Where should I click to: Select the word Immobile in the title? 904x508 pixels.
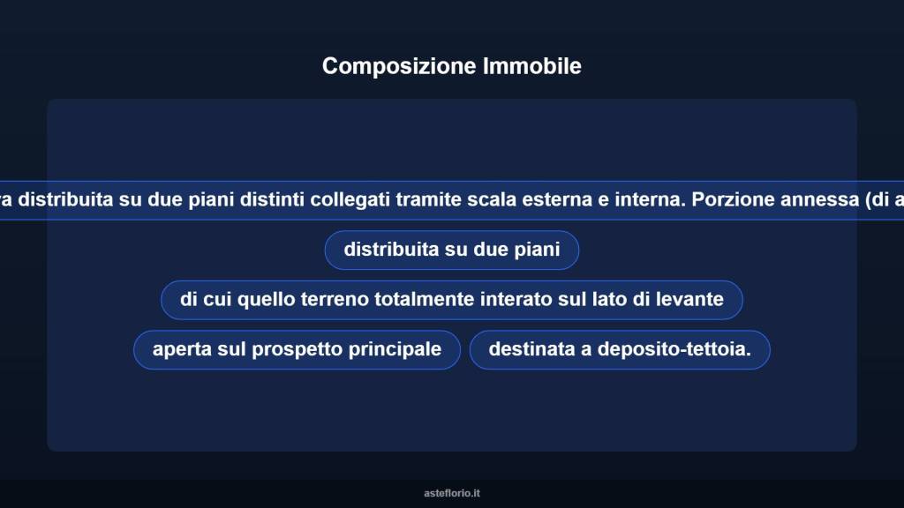532,66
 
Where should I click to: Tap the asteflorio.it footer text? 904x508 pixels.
452,493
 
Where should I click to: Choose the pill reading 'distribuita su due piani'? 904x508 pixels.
452,250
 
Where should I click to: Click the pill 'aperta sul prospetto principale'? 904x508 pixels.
297,350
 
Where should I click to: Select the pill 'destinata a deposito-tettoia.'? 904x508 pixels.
620,350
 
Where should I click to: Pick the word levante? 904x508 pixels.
689,300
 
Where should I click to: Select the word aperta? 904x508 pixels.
182,350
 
